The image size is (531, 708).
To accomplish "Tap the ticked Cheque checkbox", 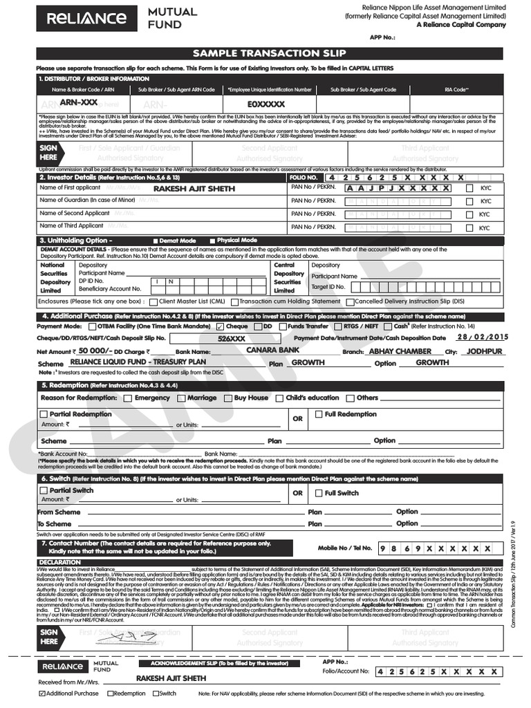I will [220, 326].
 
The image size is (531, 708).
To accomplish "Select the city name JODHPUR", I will [484, 351].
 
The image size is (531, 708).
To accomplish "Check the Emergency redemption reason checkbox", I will [128, 398].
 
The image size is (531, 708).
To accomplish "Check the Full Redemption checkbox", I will [319, 414].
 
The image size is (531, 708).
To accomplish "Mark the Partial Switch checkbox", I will [44, 490].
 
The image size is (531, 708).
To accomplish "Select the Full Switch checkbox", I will [319, 493].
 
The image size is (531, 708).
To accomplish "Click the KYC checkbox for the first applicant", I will [469, 188].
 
